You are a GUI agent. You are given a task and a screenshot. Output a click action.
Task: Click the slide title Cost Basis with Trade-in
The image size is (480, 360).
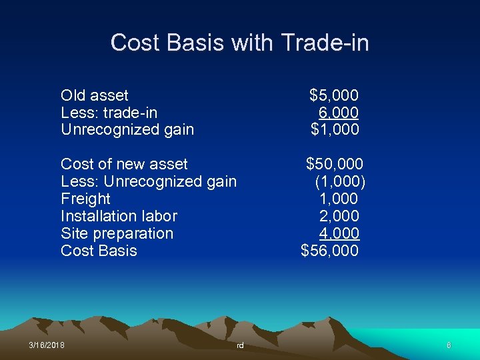pos(239,43)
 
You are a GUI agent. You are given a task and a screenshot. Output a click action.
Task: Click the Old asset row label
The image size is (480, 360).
pos(94,95)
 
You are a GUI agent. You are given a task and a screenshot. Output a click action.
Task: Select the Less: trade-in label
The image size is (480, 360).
pos(109,113)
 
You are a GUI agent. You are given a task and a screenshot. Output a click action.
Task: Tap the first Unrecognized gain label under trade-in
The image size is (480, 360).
pos(127,129)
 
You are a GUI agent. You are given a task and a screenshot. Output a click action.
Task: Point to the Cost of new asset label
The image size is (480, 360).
pos(124,164)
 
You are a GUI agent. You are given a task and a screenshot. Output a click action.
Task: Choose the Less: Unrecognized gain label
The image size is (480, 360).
pos(148,181)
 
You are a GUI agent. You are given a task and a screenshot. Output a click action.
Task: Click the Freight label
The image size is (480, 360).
pos(85,199)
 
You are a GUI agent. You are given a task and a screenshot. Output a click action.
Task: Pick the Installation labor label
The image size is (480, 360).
pos(119,216)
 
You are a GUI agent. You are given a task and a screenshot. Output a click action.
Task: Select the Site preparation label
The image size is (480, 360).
pos(117,233)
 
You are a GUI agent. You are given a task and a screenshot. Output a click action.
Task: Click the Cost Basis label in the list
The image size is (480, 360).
pos(99,251)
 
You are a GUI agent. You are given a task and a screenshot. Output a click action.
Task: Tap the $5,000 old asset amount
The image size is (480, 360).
pos(334,95)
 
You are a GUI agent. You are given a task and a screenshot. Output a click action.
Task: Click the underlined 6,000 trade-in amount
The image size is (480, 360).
pos(339,113)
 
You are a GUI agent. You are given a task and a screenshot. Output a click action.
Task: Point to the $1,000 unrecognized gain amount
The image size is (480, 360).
pos(335,129)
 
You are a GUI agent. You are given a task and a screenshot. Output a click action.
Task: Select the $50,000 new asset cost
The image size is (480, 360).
pos(334,164)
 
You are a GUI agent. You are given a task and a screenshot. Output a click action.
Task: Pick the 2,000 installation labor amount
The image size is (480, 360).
pos(339,216)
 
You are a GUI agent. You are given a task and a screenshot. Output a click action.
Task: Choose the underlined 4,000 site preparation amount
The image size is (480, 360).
pos(339,233)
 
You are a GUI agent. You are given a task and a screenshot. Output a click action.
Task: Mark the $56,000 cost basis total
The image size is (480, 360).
pos(330,251)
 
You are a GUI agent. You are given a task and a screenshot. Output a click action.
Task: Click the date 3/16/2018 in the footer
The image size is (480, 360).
pos(47,345)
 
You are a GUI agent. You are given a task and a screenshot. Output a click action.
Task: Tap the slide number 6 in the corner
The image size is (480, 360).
pos(449,345)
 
